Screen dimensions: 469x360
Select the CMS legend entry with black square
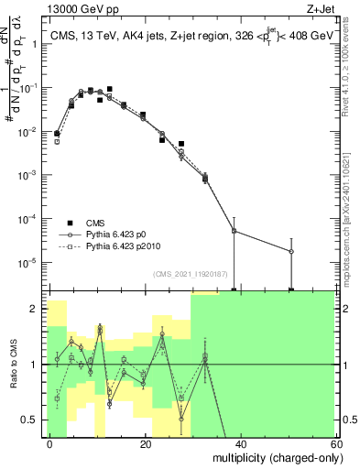coord(95,222)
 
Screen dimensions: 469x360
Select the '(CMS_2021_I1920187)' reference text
coord(191,273)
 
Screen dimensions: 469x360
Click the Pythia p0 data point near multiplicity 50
coord(291,251)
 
